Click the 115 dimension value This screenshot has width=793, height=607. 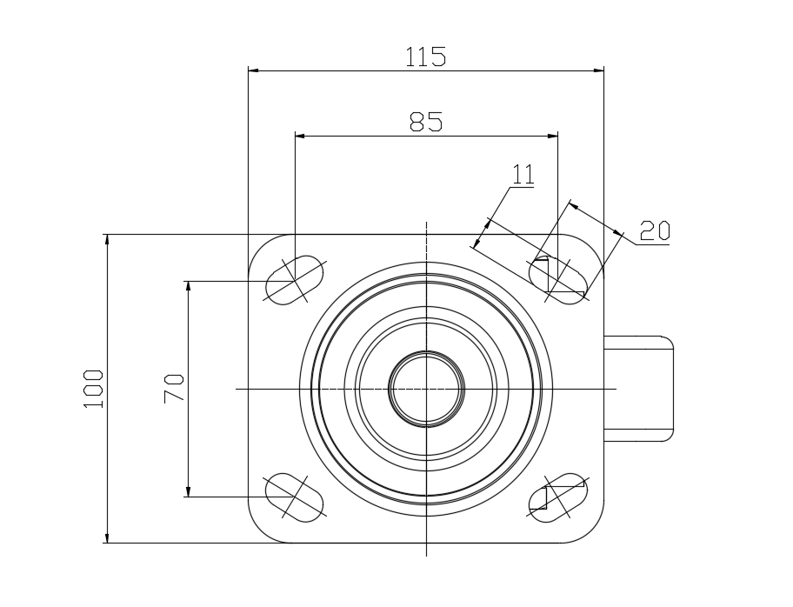[x=426, y=57]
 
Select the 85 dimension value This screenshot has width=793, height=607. [x=426, y=122]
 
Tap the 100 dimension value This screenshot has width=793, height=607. [x=94, y=389]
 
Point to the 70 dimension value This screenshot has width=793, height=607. [x=174, y=389]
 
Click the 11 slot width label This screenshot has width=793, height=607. [x=523, y=174]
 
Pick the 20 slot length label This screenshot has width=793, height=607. [x=655, y=230]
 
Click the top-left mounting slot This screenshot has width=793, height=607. [x=295, y=280]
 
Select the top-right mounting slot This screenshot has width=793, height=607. [x=558, y=280]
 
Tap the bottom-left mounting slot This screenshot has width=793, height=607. [x=295, y=497]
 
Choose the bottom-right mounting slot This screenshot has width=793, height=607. [x=558, y=497]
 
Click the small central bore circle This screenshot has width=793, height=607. [x=426, y=389]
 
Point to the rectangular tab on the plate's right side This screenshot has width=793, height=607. [x=639, y=389]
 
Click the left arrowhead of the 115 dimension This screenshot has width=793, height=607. [x=253, y=70]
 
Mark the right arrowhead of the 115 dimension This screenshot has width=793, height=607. [x=599, y=70]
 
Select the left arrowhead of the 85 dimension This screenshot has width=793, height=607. [x=300, y=136]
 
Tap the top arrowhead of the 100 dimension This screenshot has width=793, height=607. [x=107, y=240]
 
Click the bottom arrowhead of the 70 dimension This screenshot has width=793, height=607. [x=188, y=491]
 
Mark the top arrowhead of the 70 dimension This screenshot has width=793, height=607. [x=188, y=286]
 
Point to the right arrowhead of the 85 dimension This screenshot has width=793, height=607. [x=552, y=136]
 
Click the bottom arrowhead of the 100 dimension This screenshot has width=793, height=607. [x=107, y=537]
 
